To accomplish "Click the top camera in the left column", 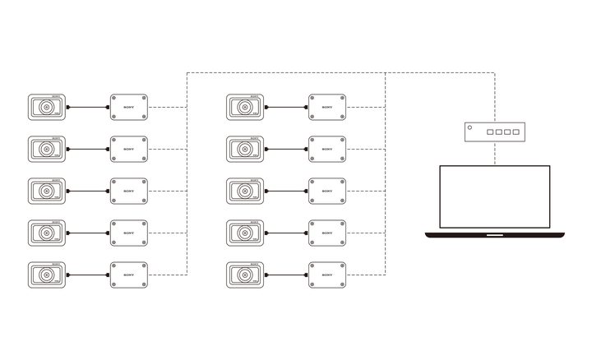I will pyautogui.click(x=46, y=107).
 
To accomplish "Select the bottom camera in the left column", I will pyautogui.click(x=46, y=274).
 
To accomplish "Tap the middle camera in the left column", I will pyautogui.click(x=46, y=190).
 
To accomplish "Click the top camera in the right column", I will pyautogui.click(x=244, y=107).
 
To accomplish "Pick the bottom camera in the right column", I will pyautogui.click(x=244, y=274).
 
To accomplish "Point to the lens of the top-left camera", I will pyautogui.click(x=44, y=108).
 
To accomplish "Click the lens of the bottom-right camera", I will pyautogui.click(x=243, y=275).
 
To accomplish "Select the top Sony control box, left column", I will pyautogui.click(x=129, y=107).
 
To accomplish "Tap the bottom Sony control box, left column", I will pyautogui.click(x=129, y=274).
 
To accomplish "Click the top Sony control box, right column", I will pyautogui.click(x=327, y=107).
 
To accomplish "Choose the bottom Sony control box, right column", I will pyautogui.click(x=327, y=274).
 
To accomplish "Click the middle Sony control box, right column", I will pyautogui.click(x=327, y=190).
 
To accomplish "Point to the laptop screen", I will pyautogui.click(x=494, y=198).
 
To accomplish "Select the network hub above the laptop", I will pyautogui.click(x=494, y=131).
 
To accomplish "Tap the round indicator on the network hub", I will pyautogui.click(x=469, y=127).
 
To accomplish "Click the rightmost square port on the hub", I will pyautogui.click(x=516, y=132).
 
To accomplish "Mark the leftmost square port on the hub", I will pyautogui.click(x=488, y=132).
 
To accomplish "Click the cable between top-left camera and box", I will pyautogui.click(x=88, y=107).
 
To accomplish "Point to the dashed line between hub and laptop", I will pyautogui.click(x=494, y=152).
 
